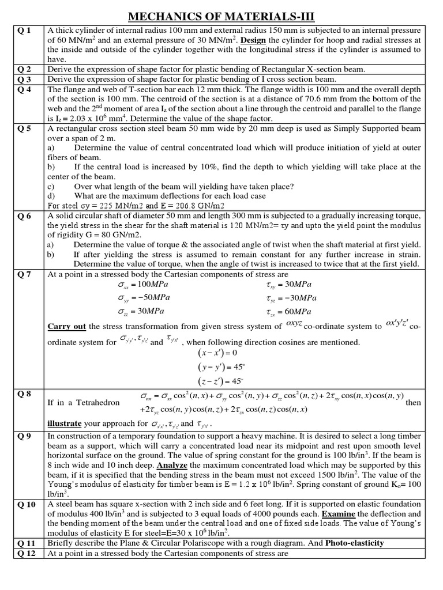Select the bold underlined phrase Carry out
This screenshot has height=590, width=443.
[x=66, y=326]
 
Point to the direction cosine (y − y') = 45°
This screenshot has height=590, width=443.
[x=219, y=366]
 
